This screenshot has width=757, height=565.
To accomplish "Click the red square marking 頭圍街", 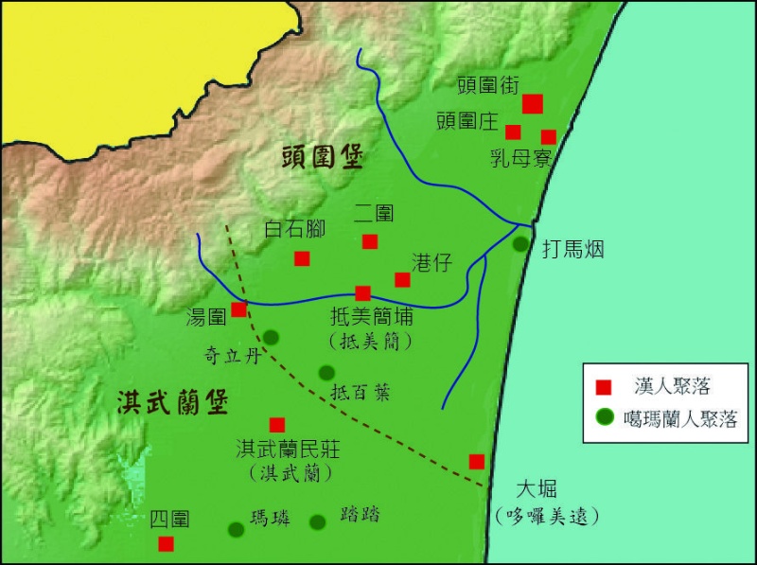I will (532, 103).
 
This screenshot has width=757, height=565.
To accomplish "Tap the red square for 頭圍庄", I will (513, 132).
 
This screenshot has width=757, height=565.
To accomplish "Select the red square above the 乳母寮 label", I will (549, 137).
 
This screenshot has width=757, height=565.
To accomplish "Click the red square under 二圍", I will (369, 241).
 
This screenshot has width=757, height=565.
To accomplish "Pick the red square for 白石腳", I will (302, 258).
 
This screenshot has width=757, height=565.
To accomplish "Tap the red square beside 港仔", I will (402, 279).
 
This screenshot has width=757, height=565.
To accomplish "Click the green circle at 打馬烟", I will (520, 244).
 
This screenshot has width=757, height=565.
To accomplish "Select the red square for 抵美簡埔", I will (362, 293).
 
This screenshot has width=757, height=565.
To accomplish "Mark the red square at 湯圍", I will (239, 309).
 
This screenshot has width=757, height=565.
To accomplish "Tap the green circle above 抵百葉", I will (326, 372).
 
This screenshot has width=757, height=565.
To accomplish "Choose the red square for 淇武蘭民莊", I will (277, 425).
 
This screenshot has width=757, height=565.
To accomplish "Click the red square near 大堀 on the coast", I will (477, 461).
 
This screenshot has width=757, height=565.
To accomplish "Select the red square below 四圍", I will (166, 543).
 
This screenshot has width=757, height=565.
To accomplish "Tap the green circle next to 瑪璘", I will (237, 529).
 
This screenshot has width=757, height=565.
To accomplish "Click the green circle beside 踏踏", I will (318, 521).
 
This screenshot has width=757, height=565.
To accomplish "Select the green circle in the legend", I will (602, 415).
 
